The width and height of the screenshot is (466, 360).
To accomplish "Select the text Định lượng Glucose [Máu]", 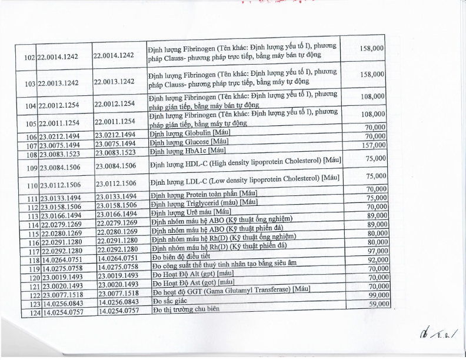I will click(188, 142).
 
